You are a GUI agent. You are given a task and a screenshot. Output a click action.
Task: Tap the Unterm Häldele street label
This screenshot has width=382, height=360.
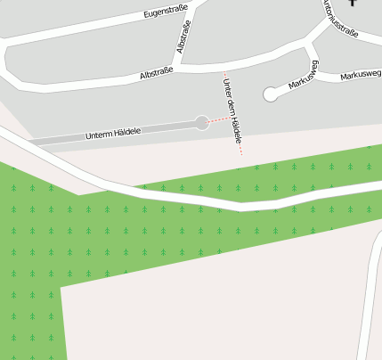(x=113, y=134)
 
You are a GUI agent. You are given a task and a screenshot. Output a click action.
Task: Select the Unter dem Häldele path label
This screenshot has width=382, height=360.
(x=232, y=113)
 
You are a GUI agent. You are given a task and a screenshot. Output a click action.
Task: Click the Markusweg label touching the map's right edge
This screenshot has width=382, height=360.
(x=361, y=76)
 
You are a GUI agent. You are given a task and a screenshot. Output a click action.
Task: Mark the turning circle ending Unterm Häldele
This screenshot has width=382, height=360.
(x=202, y=123)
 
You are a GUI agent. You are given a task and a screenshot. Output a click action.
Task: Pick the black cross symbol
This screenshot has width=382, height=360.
(x=354, y=3)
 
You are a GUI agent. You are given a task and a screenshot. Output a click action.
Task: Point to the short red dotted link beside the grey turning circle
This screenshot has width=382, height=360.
(x=216, y=119)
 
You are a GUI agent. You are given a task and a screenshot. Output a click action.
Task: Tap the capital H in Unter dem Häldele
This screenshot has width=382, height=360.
(x=235, y=123)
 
